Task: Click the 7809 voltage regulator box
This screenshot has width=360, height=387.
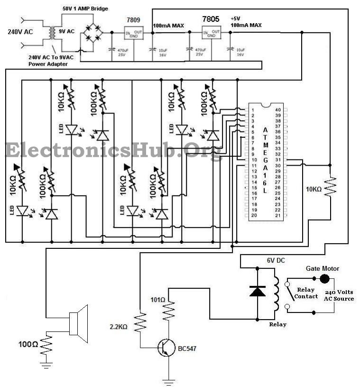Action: click(133, 33)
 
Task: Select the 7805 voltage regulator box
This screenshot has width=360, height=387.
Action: click(212, 32)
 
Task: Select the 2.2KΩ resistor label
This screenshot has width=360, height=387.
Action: click(119, 327)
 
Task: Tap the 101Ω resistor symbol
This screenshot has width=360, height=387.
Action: click(169, 311)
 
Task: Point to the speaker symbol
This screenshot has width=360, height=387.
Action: click(79, 323)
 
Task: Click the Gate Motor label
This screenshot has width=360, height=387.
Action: click(322, 269)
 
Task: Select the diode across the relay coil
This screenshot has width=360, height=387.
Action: click(258, 291)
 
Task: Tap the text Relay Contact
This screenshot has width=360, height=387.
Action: click(306, 293)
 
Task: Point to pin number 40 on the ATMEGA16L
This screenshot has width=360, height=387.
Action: click(278, 110)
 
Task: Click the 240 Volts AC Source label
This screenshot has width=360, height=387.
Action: click(339, 295)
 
